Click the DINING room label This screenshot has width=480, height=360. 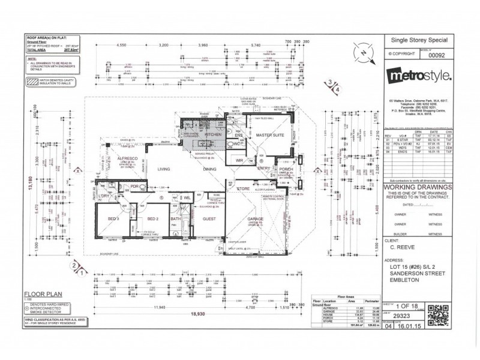209,170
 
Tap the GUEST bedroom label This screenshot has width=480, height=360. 209,220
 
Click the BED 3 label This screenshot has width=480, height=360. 114,220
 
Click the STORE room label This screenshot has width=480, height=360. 242,189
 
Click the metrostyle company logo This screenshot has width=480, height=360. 416,77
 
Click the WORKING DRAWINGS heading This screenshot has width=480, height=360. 416,187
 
